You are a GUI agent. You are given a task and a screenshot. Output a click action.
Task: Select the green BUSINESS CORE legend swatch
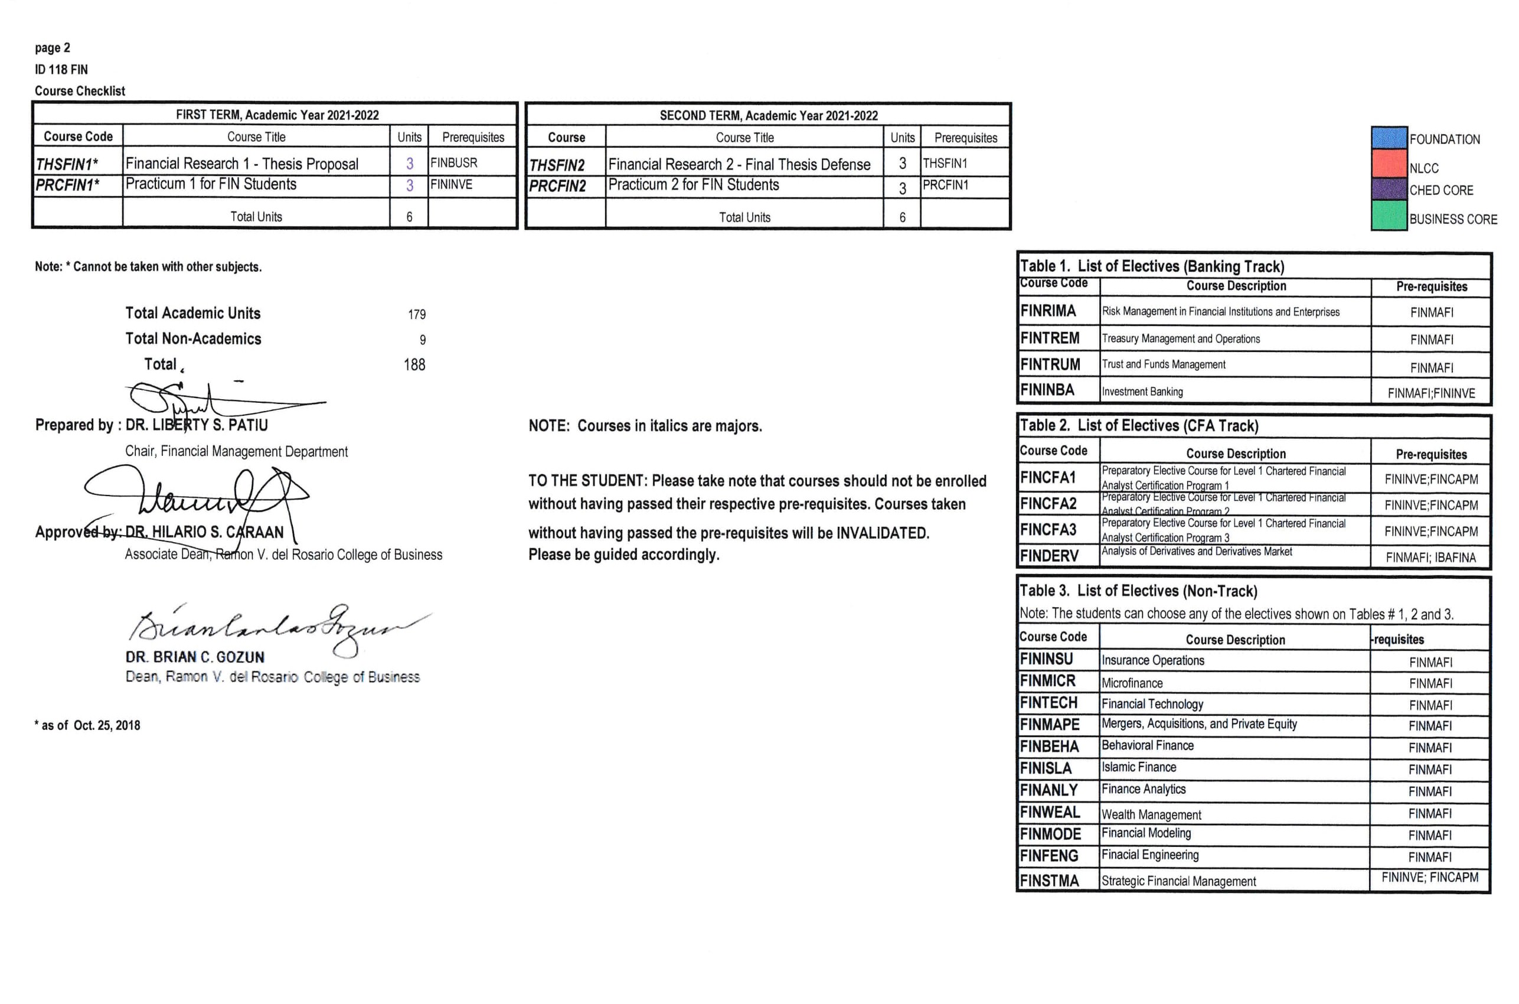coord(1389,216)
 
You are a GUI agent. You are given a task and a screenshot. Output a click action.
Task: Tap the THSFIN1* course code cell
coord(67,164)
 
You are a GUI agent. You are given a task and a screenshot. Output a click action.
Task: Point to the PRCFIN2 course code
coord(557,186)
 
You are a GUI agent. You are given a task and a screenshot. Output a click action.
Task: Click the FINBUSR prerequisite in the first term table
coord(454,162)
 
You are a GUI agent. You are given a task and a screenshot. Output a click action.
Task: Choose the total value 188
coord(414,365)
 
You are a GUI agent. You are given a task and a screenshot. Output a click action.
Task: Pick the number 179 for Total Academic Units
coord(416,314)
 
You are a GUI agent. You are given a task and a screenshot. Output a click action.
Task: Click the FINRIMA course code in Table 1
coord(1048,311)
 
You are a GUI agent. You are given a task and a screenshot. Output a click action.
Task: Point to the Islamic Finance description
coord(1139,767)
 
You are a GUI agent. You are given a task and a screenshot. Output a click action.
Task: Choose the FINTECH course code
coord(1048,703)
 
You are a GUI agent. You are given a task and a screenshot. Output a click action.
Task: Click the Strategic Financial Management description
coord(1178,881)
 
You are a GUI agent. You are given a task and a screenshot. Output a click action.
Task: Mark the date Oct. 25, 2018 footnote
coord(106,725)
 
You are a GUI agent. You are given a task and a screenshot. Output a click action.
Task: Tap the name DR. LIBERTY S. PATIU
coord(197,425)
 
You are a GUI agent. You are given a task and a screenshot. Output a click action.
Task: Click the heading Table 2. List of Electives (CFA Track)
coord(1139,426)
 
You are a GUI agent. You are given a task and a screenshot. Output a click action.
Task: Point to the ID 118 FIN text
coord(61,69)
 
